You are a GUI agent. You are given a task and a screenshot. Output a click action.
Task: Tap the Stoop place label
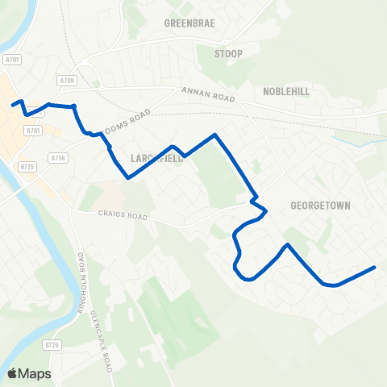click(228, 54)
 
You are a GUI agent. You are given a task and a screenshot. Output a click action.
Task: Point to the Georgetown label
click(320, 206)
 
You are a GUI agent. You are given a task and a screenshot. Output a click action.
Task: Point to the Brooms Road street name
click(129, 119)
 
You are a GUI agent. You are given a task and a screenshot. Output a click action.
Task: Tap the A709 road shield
click(66, 81)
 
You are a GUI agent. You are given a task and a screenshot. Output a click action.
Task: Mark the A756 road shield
click(57, 158)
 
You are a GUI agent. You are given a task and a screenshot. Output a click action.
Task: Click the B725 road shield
click(28, 167)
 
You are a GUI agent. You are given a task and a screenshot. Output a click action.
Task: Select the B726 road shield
click(52, 345)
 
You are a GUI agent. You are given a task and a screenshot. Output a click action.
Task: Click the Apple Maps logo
click(29, 373)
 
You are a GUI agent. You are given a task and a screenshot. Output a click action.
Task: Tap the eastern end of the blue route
click(375, 267)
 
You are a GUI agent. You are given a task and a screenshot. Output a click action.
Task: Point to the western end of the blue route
click(12, 105)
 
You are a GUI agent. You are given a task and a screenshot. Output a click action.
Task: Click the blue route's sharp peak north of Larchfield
click(214, 135)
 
